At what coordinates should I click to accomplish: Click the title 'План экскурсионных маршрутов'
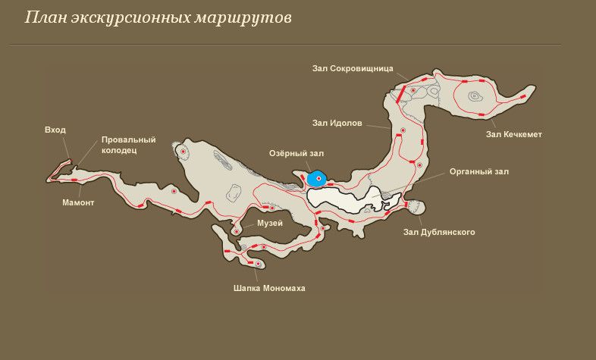(x=158, y=17)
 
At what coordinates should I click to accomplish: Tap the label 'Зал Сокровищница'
(x=352, y=67)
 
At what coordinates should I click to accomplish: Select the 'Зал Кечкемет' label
(x=514, y=135)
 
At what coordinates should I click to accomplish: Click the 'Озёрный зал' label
(x=296, y=154)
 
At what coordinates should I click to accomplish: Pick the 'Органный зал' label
(x=478, y=172)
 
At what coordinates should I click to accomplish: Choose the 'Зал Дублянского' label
(x=440, y=232)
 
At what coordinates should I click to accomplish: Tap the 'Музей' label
(x=270, y=223)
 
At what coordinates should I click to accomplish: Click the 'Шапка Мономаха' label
(x=269, y=288)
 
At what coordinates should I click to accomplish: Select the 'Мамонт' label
(x=78, y=203)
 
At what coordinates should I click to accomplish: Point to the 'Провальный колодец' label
(x=128, y=145)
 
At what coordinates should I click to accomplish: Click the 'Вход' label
(x=55, y=130)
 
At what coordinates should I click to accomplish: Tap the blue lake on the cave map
(x=317, y=180)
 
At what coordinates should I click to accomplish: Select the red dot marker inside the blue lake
(x=319, y=179)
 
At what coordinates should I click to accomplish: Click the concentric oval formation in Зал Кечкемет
(x=475, y=96)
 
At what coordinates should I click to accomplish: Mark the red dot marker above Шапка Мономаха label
(x=259, y=264)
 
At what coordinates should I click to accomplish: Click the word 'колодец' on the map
(x=119, y=150)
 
